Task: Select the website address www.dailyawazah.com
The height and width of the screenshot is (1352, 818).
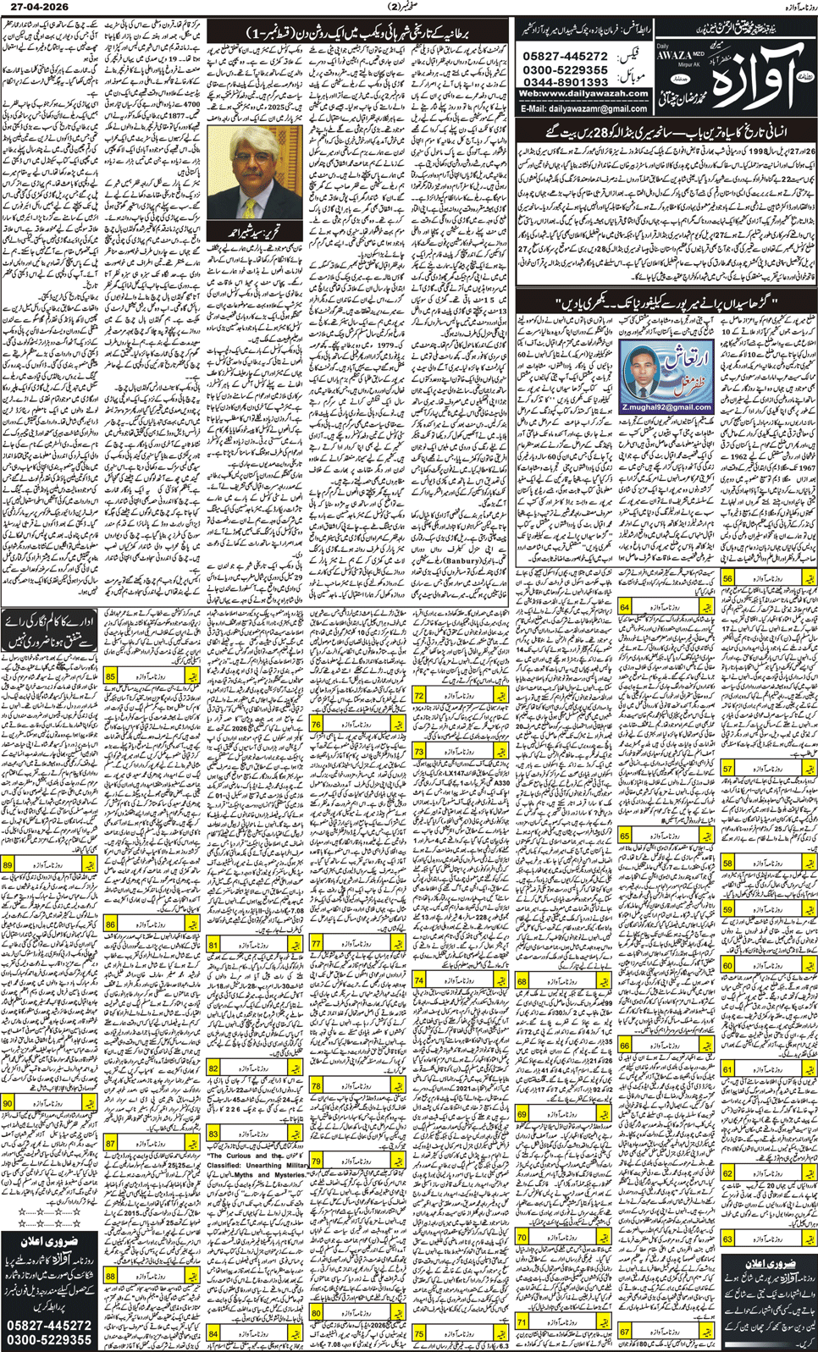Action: point(583,93)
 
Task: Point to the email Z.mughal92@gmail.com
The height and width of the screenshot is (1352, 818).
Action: point(666,408)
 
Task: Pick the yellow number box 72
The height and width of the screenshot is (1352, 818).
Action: point(419,695)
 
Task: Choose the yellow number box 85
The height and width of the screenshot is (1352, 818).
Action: point(111,676)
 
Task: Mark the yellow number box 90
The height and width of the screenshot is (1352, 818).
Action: point(8,1103)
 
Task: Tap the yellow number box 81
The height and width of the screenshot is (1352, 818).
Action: point(213,944)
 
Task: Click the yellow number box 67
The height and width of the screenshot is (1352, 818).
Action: point(625,1332)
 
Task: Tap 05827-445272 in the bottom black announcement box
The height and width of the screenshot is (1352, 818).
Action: point(50,1325)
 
